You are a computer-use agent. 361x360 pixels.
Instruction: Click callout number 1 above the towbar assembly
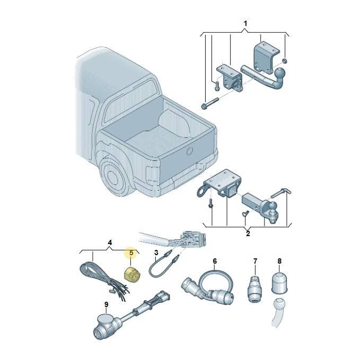click(x=245, y=23)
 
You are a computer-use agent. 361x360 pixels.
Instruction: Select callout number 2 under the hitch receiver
click(x=248, y=234)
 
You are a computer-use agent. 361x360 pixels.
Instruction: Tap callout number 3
click(x=156, y=253)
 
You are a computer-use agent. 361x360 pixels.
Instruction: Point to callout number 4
click(x=110, y=242)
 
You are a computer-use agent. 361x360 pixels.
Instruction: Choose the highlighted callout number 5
click(x=131, y=253)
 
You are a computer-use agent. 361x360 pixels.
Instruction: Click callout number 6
click(x=215, y=261)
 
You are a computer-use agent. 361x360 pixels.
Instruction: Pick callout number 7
click(x=255, y=261)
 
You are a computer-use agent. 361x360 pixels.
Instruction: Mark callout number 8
click(x=279, y=261)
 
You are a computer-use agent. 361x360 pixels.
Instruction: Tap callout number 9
click(x=106, y=304)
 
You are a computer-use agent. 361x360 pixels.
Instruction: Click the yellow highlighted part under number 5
click(x=133, y=274)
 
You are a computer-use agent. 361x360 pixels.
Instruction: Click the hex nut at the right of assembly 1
click(x=285, y=61)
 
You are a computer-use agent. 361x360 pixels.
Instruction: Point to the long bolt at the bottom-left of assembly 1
click(x=210, y=103)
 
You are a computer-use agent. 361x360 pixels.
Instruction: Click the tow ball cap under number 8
click(x=279, y=283)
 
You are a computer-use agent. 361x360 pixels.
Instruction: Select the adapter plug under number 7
click(x=255, y=289)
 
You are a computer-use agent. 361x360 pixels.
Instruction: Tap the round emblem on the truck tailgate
click(x=190, y=151)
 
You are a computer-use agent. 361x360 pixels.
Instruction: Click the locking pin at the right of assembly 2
click(x=281, y=192)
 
